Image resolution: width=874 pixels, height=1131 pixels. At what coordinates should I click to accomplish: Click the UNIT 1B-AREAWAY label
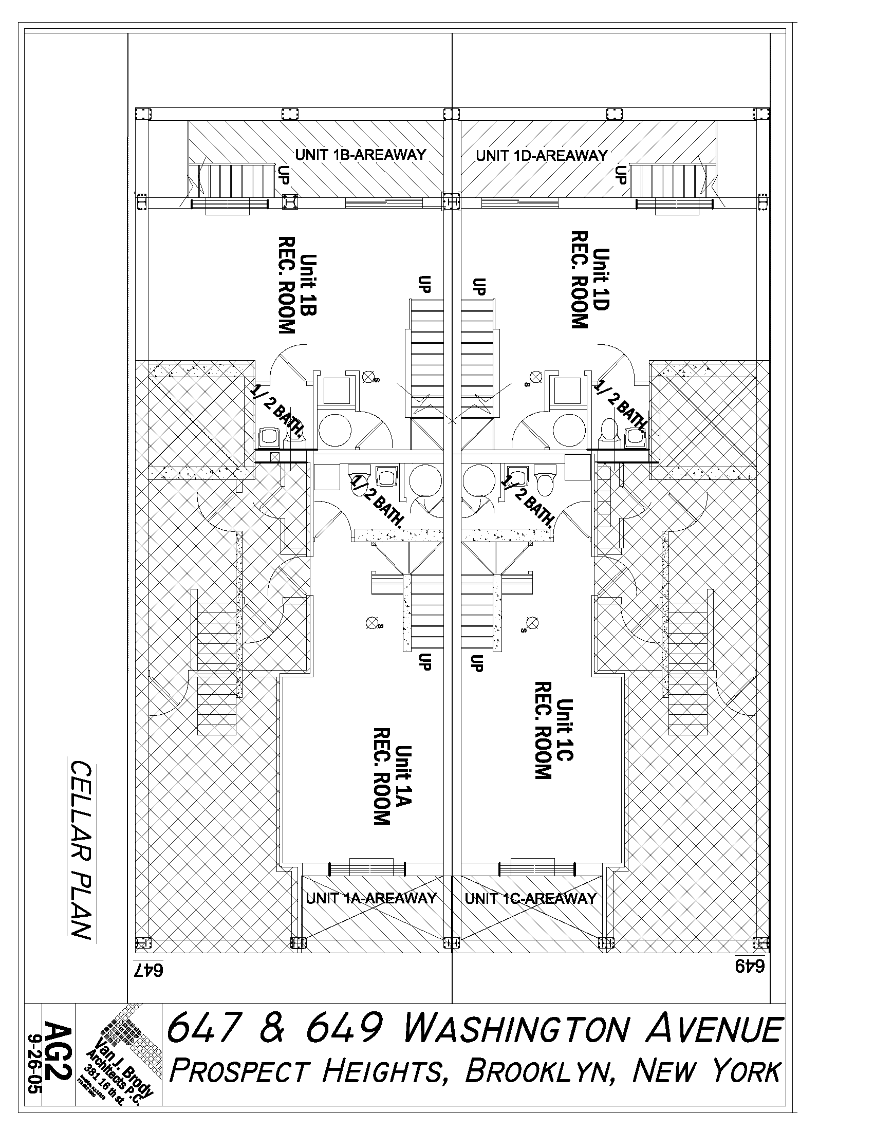point(360,154)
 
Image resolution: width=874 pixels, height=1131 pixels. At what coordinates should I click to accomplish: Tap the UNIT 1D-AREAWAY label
point(542,155)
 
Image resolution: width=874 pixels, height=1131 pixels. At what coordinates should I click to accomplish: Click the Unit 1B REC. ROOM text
point(295,285)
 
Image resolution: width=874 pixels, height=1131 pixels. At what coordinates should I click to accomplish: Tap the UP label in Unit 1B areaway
point(284,175)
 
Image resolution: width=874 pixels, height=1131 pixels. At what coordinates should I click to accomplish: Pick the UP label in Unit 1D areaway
point(620,175)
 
